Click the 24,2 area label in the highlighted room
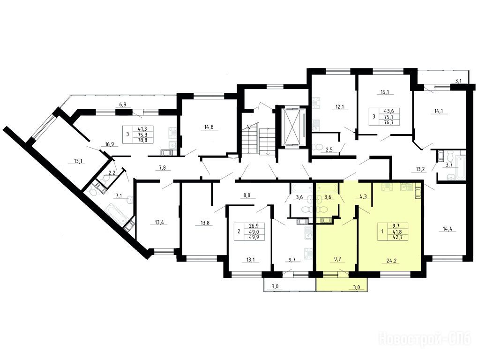tap(391, 261)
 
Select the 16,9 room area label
tap(109, 144)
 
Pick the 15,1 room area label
tap(385, 92)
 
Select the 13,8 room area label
tap(200, 222)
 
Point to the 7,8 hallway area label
tap(164, 167)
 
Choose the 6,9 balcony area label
tap(123, 105)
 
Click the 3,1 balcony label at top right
tap(458, 81)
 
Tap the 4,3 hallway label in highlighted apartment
tap(363, 196)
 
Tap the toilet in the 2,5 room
tap(318, 147)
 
